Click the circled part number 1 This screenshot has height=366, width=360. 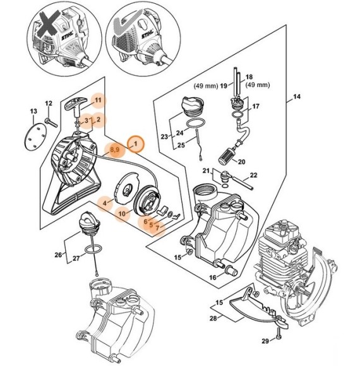[x=135, y=145]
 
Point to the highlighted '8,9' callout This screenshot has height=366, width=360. [x=114, y=150]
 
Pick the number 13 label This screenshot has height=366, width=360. [x=34, y=112]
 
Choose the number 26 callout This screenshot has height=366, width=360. [x=59, y=255]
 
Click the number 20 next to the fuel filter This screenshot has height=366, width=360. [x=241, y=162]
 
